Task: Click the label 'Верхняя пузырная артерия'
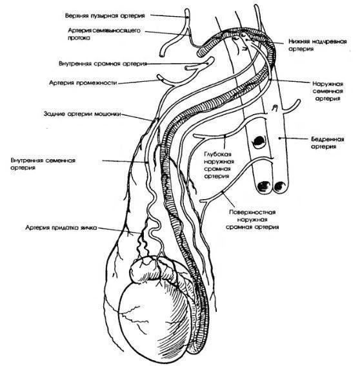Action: pos(105,15)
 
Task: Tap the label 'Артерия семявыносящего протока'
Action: pos(105,34)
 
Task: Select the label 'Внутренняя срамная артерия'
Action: pos(103,64)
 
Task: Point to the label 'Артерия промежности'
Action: pos(83,83)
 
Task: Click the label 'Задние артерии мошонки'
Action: pos(83,114)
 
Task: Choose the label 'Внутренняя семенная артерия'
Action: pos(43,164)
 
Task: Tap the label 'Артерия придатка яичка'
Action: pos(61,227)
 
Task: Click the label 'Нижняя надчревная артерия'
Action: pos(317,45)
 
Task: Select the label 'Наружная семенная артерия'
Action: pos(328,91)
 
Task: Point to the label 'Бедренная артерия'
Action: pos(328,142)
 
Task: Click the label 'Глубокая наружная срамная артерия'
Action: pos(219,165)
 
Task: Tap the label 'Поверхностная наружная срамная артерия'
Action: pos(252,220)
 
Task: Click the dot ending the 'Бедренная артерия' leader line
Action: pos(279,139)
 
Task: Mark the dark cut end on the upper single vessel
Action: pos(259,142)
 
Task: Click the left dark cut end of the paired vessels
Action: pos(264,186)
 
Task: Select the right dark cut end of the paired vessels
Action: pos(279,186)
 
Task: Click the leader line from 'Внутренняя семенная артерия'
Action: pos(125,161)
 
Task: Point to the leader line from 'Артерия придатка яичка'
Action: pos(119,231)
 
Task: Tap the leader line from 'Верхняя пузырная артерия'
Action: pos(169,16)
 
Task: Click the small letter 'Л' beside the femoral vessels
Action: pos(275,108)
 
